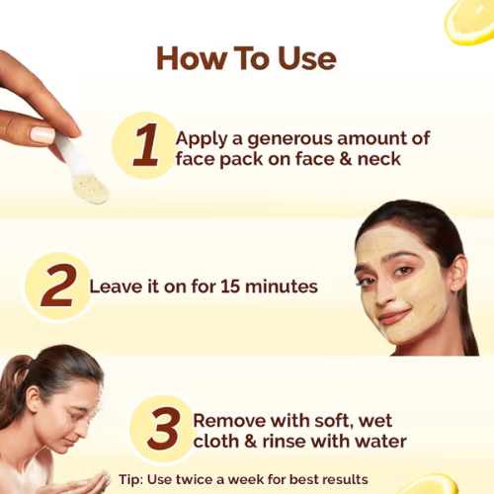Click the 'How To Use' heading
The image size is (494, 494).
246,58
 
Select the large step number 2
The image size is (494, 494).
58,287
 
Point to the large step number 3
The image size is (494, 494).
161,429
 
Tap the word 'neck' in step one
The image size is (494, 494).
379,158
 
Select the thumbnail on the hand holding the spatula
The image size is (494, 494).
43,134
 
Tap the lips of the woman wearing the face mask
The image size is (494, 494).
393,316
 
